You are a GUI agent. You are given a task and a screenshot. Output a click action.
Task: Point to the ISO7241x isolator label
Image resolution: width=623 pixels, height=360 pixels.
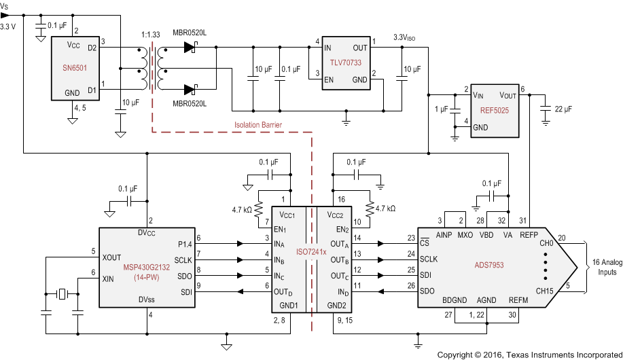click(x=313, y=251)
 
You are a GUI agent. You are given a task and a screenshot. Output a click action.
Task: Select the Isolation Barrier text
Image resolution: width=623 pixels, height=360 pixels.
click(x=257, y=125)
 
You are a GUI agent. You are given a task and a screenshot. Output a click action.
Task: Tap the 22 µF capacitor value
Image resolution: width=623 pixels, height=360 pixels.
click(x=563, y=109)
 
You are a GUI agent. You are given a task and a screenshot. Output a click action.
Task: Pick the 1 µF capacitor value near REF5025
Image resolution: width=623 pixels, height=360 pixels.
click(x=441, y=109)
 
